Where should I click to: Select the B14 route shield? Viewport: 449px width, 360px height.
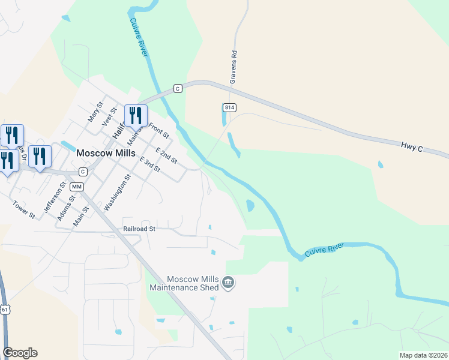point(229,107)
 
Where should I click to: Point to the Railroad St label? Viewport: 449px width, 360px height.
point(139,229)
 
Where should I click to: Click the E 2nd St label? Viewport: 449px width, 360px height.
point(167,155)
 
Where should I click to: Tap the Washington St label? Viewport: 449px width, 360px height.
point(117,192)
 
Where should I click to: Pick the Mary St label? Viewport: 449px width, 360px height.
point(95,112)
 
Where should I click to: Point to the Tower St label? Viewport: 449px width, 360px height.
point(23,211)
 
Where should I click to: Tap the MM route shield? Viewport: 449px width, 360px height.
point(76,187)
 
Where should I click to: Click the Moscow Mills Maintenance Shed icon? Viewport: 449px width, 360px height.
point(228,282)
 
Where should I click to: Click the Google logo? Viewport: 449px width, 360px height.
point(20,353)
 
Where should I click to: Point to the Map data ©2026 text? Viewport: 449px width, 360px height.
point(423,355)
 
